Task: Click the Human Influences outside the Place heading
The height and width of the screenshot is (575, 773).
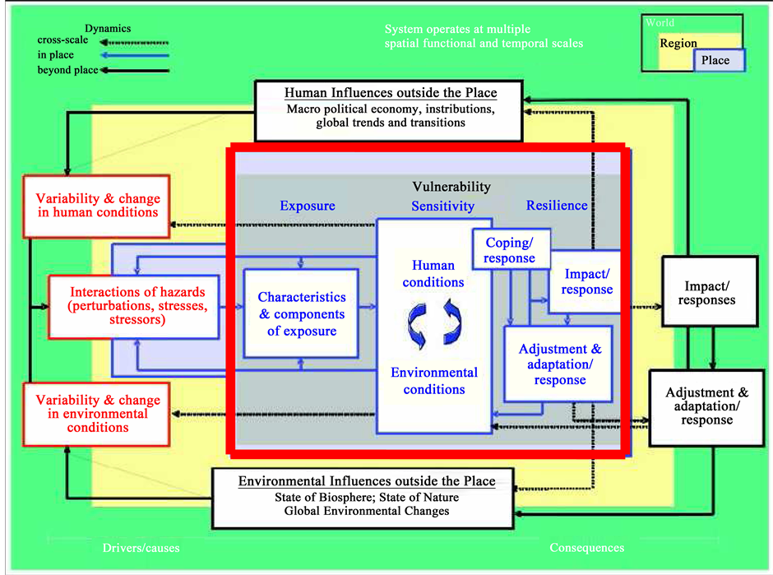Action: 391,92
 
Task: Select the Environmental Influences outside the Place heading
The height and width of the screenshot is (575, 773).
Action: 367,481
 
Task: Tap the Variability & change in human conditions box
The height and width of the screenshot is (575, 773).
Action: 97,206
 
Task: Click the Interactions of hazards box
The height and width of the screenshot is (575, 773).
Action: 137,306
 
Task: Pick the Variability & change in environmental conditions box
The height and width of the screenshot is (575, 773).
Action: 97,414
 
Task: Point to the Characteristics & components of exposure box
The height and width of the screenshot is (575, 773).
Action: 302,314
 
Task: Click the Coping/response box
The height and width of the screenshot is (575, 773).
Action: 510,250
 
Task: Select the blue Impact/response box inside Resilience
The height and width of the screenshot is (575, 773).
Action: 587,281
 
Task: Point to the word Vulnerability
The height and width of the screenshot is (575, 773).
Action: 451,188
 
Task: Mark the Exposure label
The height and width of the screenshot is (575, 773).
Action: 308,206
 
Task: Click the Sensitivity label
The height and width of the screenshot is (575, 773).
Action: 442,206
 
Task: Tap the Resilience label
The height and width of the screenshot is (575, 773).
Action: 557,206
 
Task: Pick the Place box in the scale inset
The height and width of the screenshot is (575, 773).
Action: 715,60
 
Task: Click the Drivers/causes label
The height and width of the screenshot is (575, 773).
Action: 141,548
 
